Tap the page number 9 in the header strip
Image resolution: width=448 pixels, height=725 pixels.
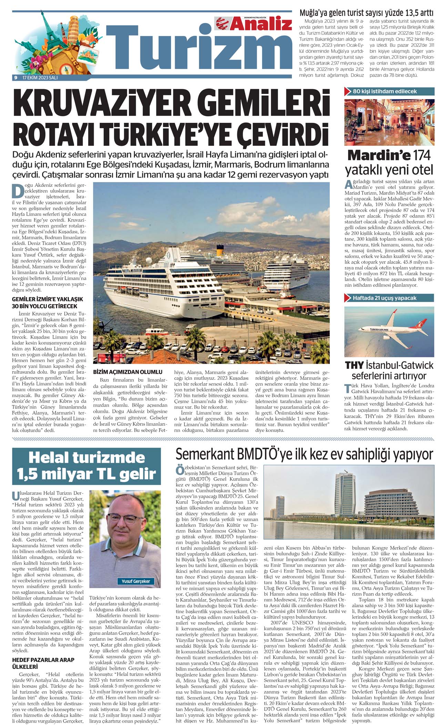pos(16,78)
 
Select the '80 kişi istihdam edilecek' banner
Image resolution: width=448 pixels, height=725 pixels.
pos(389,92)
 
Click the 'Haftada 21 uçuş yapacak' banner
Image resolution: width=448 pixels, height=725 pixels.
pos(389,298)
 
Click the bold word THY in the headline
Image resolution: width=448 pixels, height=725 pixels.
pos(354,365)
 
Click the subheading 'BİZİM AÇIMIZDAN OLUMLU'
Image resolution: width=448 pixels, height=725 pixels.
pos(128,372)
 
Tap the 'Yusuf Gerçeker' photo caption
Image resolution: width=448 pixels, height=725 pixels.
pos(136,581)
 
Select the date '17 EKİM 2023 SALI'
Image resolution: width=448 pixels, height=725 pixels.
pos(40,78)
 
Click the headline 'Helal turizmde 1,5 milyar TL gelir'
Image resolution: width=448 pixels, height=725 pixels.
pos(86,466)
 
